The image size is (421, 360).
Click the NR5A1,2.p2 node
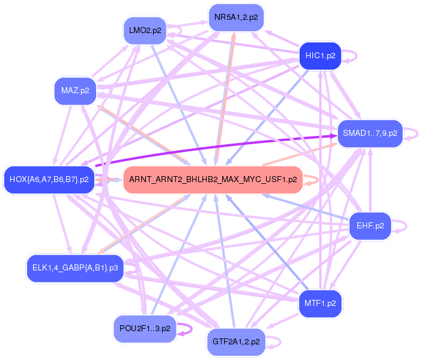(x=236, y=17)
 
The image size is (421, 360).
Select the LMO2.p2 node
(x=145, y=31)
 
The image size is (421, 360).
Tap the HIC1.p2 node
(x=320, y=56)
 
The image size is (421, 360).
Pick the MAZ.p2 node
(x=75, y=91)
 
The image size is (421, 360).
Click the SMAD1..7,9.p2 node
(x=369, y=133)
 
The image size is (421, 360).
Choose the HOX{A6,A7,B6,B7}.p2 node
(x=49, y=179)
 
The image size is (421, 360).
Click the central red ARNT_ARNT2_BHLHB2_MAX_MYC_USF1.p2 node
(x=213, y=179)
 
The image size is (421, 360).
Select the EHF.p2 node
(x=370, y=226)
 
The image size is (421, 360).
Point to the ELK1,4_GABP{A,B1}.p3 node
(x=74, y=267)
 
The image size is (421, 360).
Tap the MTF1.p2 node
(x=320, y=303)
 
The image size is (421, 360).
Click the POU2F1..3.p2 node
(x=145, y=328)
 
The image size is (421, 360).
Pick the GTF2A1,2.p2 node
(x=236, y=341)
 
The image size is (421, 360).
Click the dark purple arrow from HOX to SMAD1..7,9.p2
(x=216, y=148)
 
